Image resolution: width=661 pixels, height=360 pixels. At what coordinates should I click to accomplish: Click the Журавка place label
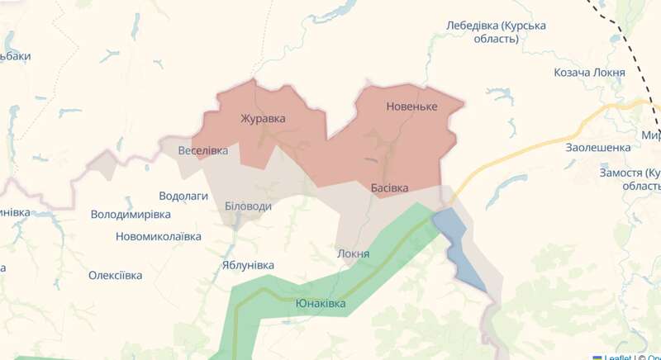pyautogui.click(x=263, y=118)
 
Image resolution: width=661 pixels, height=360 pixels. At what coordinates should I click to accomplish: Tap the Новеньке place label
pyautogui.click(x=411, y=107)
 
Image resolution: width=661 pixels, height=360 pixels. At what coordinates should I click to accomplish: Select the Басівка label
pyautogui.click(x=389, y=188)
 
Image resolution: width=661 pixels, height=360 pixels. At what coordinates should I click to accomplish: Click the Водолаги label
pyautogui.click(x=183, y=197)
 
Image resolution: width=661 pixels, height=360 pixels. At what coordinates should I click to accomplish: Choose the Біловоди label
pyautogui.click(x=248, y=206)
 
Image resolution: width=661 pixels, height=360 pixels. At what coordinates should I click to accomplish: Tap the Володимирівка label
pyautogui.click(x=131, y=215)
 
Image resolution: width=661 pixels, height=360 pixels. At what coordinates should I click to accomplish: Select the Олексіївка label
pyautogui.click(x=116, y=275)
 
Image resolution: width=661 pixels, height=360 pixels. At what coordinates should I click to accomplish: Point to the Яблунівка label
pyautogui.click(x=248, y=265)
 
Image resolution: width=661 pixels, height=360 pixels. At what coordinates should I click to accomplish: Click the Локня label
pyautogui.click(x=354, y=253)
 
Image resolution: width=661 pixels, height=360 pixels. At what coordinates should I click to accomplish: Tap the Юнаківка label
pyautogui.click(x=321, y=304)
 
